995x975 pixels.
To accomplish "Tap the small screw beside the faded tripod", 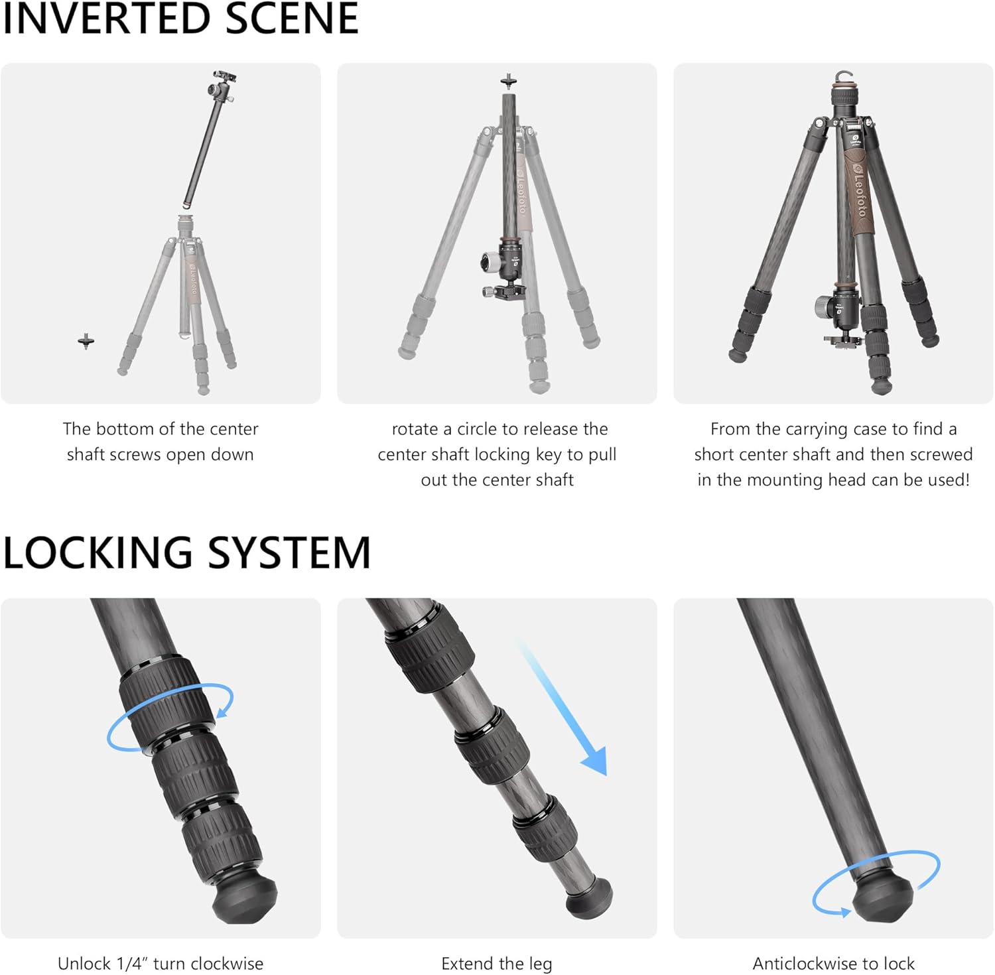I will (86, 342).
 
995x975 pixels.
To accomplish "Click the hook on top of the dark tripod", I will (843, 77).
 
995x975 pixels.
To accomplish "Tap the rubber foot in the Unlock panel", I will (244, 899).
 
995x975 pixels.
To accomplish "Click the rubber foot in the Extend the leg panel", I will (589, 897).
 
